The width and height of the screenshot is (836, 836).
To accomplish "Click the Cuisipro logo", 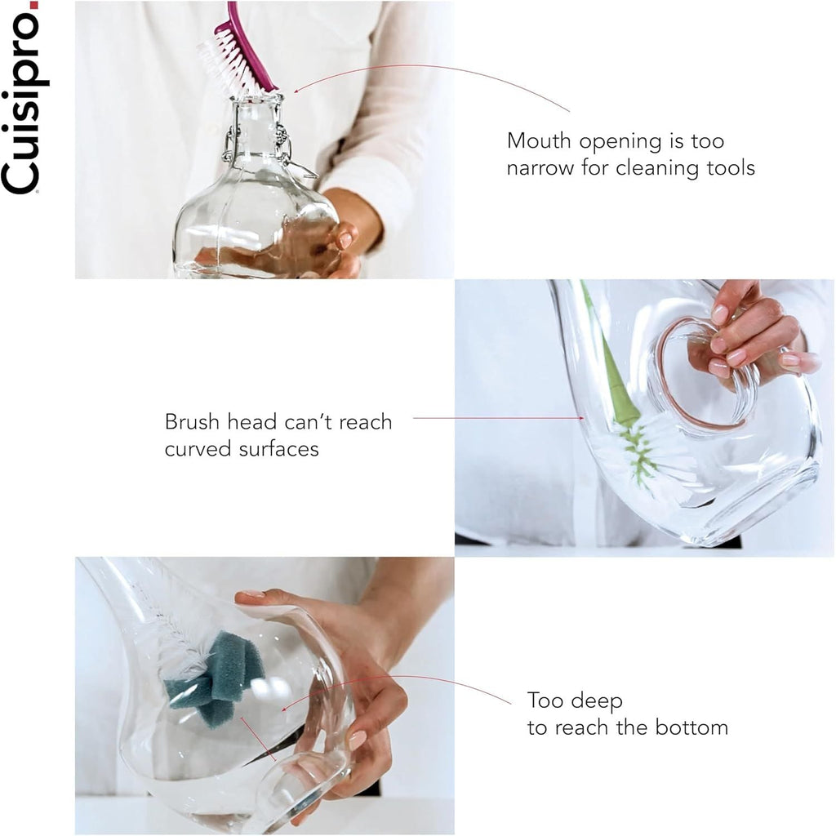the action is [x=20, y=98].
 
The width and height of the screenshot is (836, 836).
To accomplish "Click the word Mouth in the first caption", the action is [x=539, y=140].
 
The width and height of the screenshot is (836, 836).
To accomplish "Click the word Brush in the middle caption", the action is [x=192, y=422].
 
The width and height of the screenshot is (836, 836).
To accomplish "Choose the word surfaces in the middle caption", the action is [x=279, y=449].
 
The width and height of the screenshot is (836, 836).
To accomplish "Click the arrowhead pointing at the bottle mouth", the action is [x=296, y=90].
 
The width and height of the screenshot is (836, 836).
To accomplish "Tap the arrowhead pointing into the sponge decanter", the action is [x=285, y=709].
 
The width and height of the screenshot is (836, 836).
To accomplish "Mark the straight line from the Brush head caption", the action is [x=499, y=418].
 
